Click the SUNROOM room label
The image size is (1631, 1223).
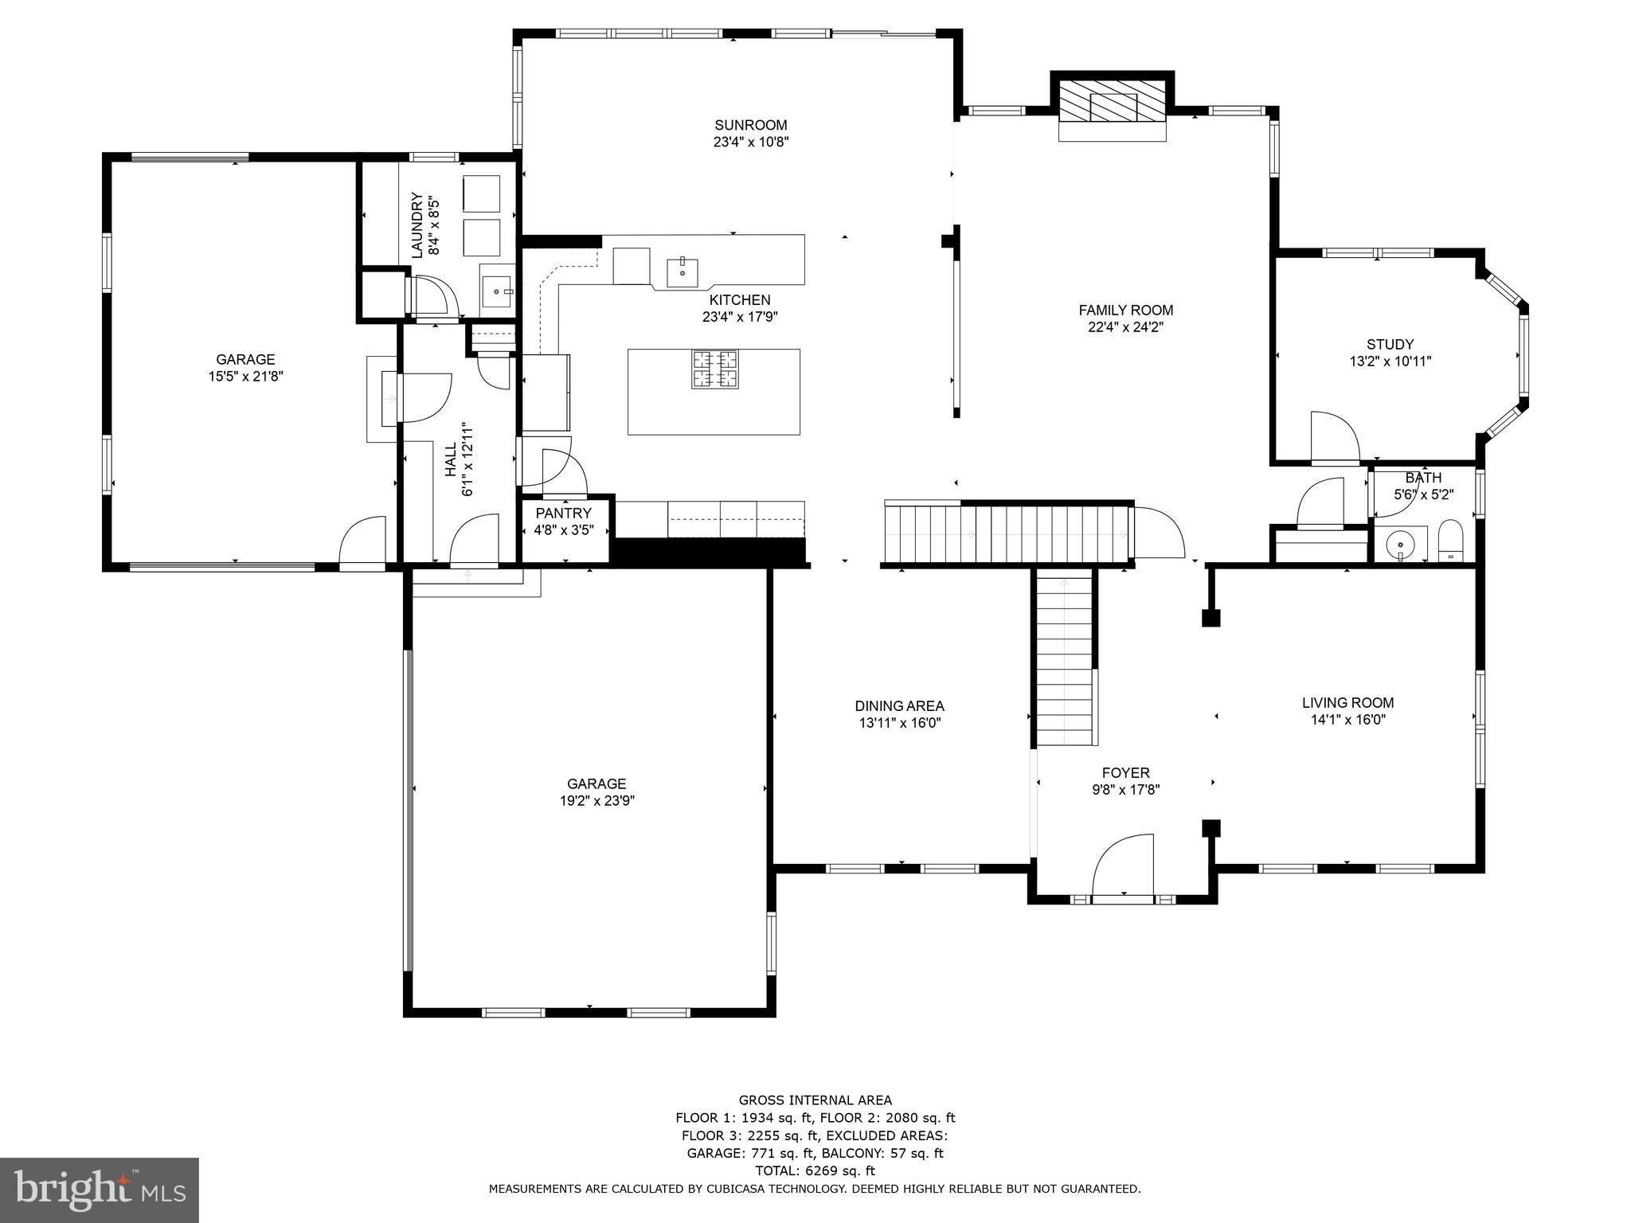coord(750,125)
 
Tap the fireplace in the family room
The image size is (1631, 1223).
coord(1113,106)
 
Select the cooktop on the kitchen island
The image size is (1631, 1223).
coord(714,369)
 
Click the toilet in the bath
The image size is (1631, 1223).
coord(1450,541)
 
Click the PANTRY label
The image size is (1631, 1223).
coord(563,514)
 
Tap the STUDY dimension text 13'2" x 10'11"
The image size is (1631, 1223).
coord(1390,361)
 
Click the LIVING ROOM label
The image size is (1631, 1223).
coord(1347,703)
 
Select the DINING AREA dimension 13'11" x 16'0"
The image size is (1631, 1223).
coord(899,723)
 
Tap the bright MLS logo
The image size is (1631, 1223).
coord(100,1190)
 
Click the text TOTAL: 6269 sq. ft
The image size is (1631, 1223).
coord(815,1170)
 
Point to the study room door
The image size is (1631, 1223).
coord(1334,437)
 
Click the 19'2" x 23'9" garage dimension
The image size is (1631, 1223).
coord(596,801)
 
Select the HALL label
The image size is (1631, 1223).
coord(451,460)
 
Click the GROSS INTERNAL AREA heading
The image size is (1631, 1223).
coord(815,1100)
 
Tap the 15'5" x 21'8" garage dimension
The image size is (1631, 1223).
coord(245,377)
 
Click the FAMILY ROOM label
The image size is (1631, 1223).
coord(1125,311)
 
